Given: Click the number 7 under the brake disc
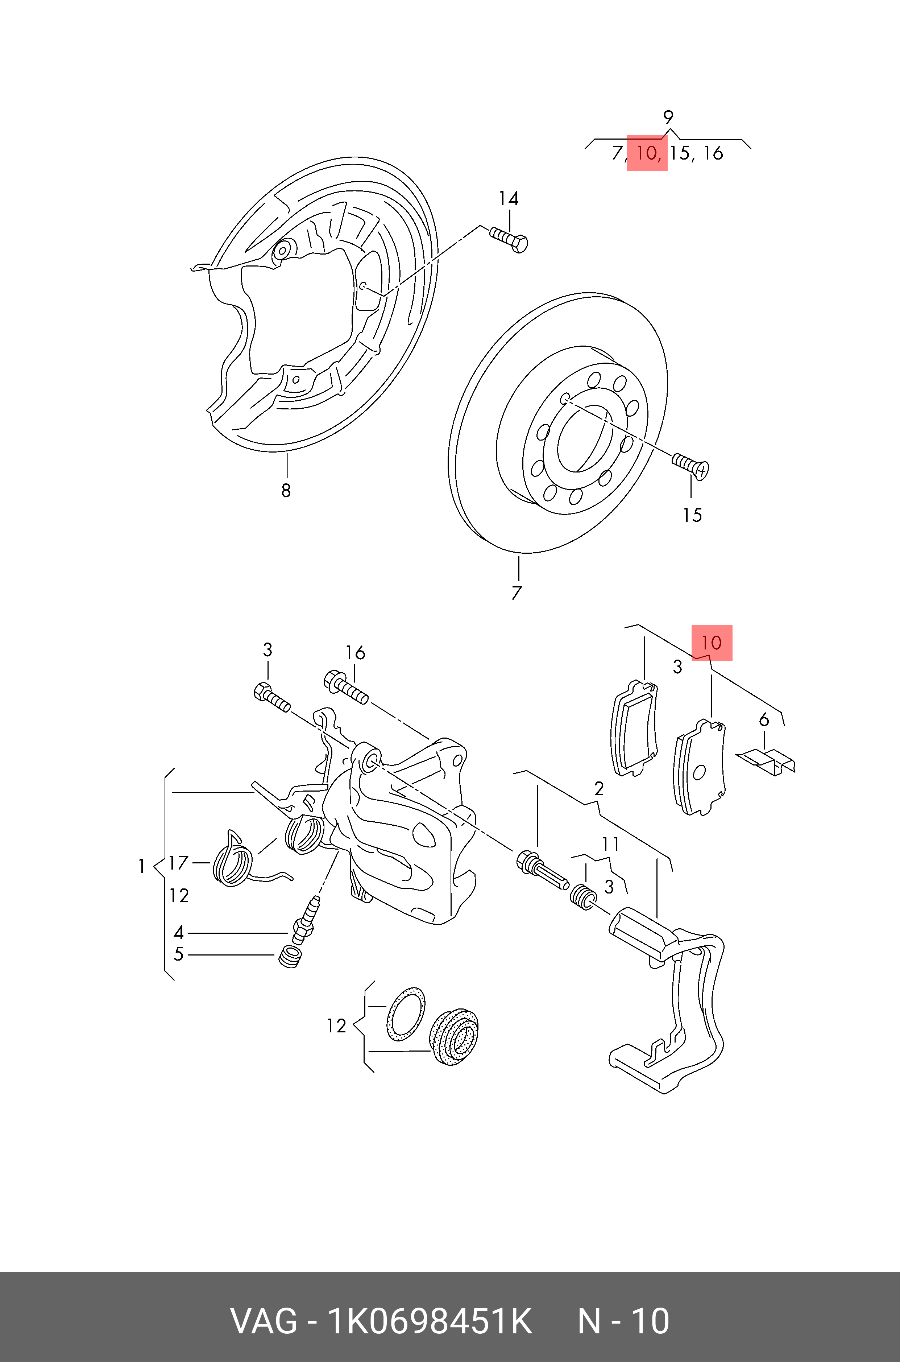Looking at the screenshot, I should point(517,593).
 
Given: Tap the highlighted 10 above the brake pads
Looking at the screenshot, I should point(711,643).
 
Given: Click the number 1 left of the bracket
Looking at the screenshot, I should point(141,866).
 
